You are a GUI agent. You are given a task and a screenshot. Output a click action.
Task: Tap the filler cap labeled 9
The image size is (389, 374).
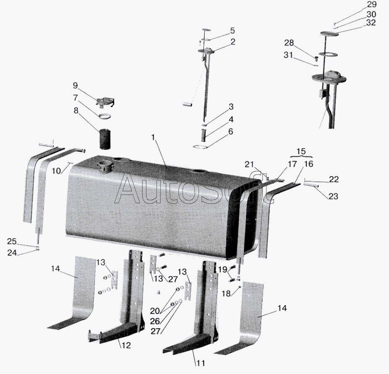pos(107,102)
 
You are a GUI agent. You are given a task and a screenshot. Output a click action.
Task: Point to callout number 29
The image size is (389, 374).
pos(371,4)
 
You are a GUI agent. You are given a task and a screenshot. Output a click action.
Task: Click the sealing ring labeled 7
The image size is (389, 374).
pos(104,116)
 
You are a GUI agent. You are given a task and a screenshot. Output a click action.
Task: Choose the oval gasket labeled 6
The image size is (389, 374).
pos(201,147)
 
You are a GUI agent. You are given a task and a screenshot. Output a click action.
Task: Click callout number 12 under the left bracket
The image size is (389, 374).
pos(126,345)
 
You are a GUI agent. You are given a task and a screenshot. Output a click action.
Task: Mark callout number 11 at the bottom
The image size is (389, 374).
pos(201,363)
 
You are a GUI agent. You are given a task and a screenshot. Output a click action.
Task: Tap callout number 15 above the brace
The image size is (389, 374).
pos(301,151)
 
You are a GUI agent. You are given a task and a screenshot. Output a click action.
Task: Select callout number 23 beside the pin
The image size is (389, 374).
pos(333,196)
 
